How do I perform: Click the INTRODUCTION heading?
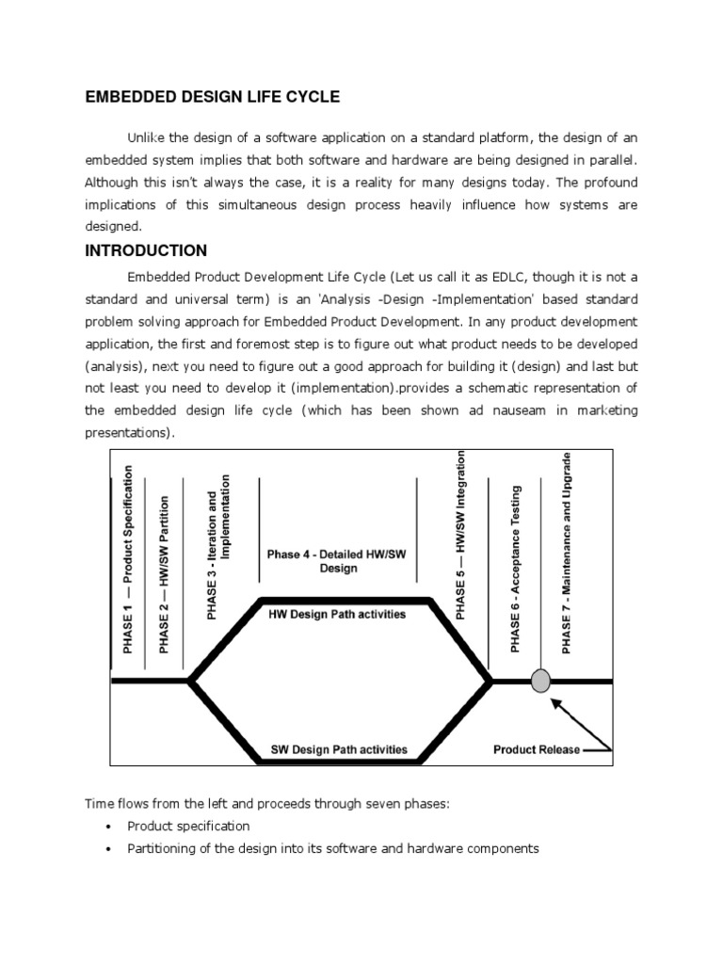coord(146,251)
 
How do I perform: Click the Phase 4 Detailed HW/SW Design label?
coord(338,561)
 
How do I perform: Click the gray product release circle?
coord(540,681)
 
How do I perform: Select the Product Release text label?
coord(537,750)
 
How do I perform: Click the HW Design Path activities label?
coord(338,615)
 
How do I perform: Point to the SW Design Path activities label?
coord(339,750)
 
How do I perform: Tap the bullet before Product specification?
coord(108,827)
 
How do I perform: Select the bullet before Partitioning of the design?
coord(108,849)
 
